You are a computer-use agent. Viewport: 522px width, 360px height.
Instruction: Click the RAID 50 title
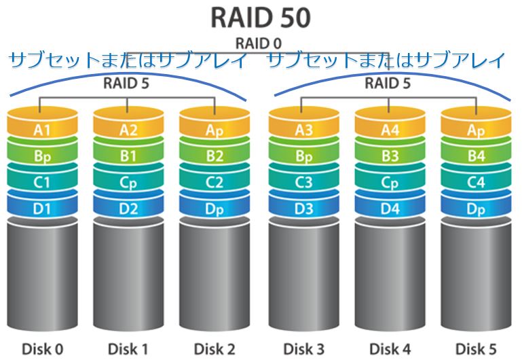pyautogui.click(x=261, y=16)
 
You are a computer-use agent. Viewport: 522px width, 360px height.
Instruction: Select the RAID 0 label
pyautogui.click(x=261, y=43)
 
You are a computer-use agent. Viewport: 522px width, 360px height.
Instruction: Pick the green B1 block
pyautogui.click(x=128, y=156)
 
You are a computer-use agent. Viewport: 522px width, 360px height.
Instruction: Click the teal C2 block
pyautogui.click(x=214, y=182)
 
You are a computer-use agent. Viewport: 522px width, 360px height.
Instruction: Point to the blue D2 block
pyautogui.click(x=128, y=209)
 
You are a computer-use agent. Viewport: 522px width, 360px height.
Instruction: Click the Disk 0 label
pyautogui.click(x=42, y=349)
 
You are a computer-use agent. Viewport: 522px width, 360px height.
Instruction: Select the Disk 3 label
pyautogui.click(x=303, y=349)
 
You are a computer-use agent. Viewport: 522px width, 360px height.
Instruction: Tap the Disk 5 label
pyautogui.click(x=475, y=349)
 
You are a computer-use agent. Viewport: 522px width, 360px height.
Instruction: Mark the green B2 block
pyautogui.click(x=214, y=156)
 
